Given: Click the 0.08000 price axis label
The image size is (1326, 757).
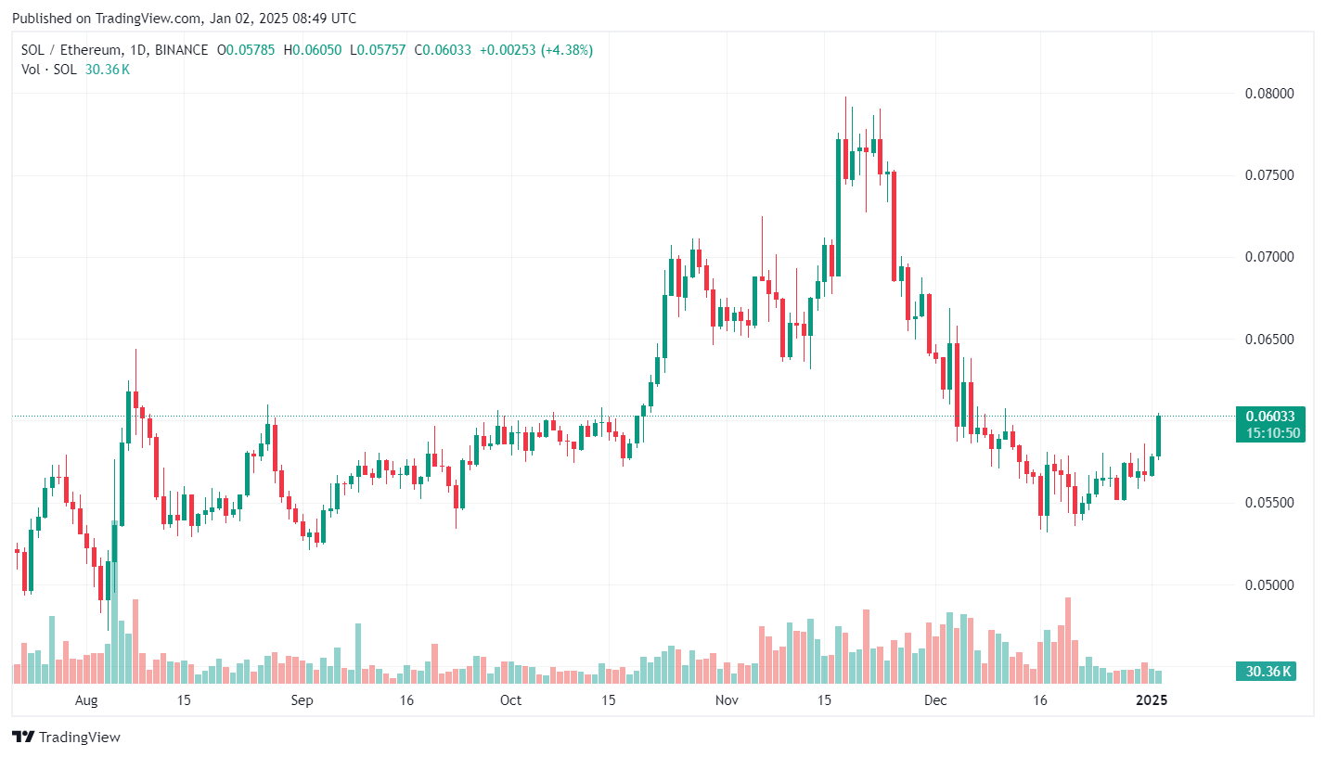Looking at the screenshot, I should point(1268,94).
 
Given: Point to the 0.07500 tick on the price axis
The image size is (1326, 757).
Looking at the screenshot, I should point(1268,175).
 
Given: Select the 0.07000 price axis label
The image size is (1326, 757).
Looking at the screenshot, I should point(1268,257).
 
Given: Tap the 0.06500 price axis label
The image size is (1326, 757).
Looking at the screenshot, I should point(1268,340).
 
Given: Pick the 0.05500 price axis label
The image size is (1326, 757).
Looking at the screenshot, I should point(1268,503).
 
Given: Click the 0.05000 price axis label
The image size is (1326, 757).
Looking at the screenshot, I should point(1268,584).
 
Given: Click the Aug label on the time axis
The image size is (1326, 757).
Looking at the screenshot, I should point(86,699).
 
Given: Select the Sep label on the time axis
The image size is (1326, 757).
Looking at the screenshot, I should point(302,699).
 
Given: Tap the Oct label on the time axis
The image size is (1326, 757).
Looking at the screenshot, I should point(510,699).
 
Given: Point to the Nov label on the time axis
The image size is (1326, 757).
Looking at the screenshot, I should point(727,699).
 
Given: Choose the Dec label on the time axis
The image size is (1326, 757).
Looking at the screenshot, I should point(935,699).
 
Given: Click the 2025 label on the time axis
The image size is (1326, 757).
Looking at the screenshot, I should point(1152,699).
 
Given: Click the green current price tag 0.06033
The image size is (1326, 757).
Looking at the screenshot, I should point(1270,416).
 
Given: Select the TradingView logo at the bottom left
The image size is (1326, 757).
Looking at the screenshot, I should point(67,738).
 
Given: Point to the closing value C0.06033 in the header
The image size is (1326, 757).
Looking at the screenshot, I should point(445,49).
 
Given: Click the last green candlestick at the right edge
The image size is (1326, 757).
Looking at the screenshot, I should point(1159,436).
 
